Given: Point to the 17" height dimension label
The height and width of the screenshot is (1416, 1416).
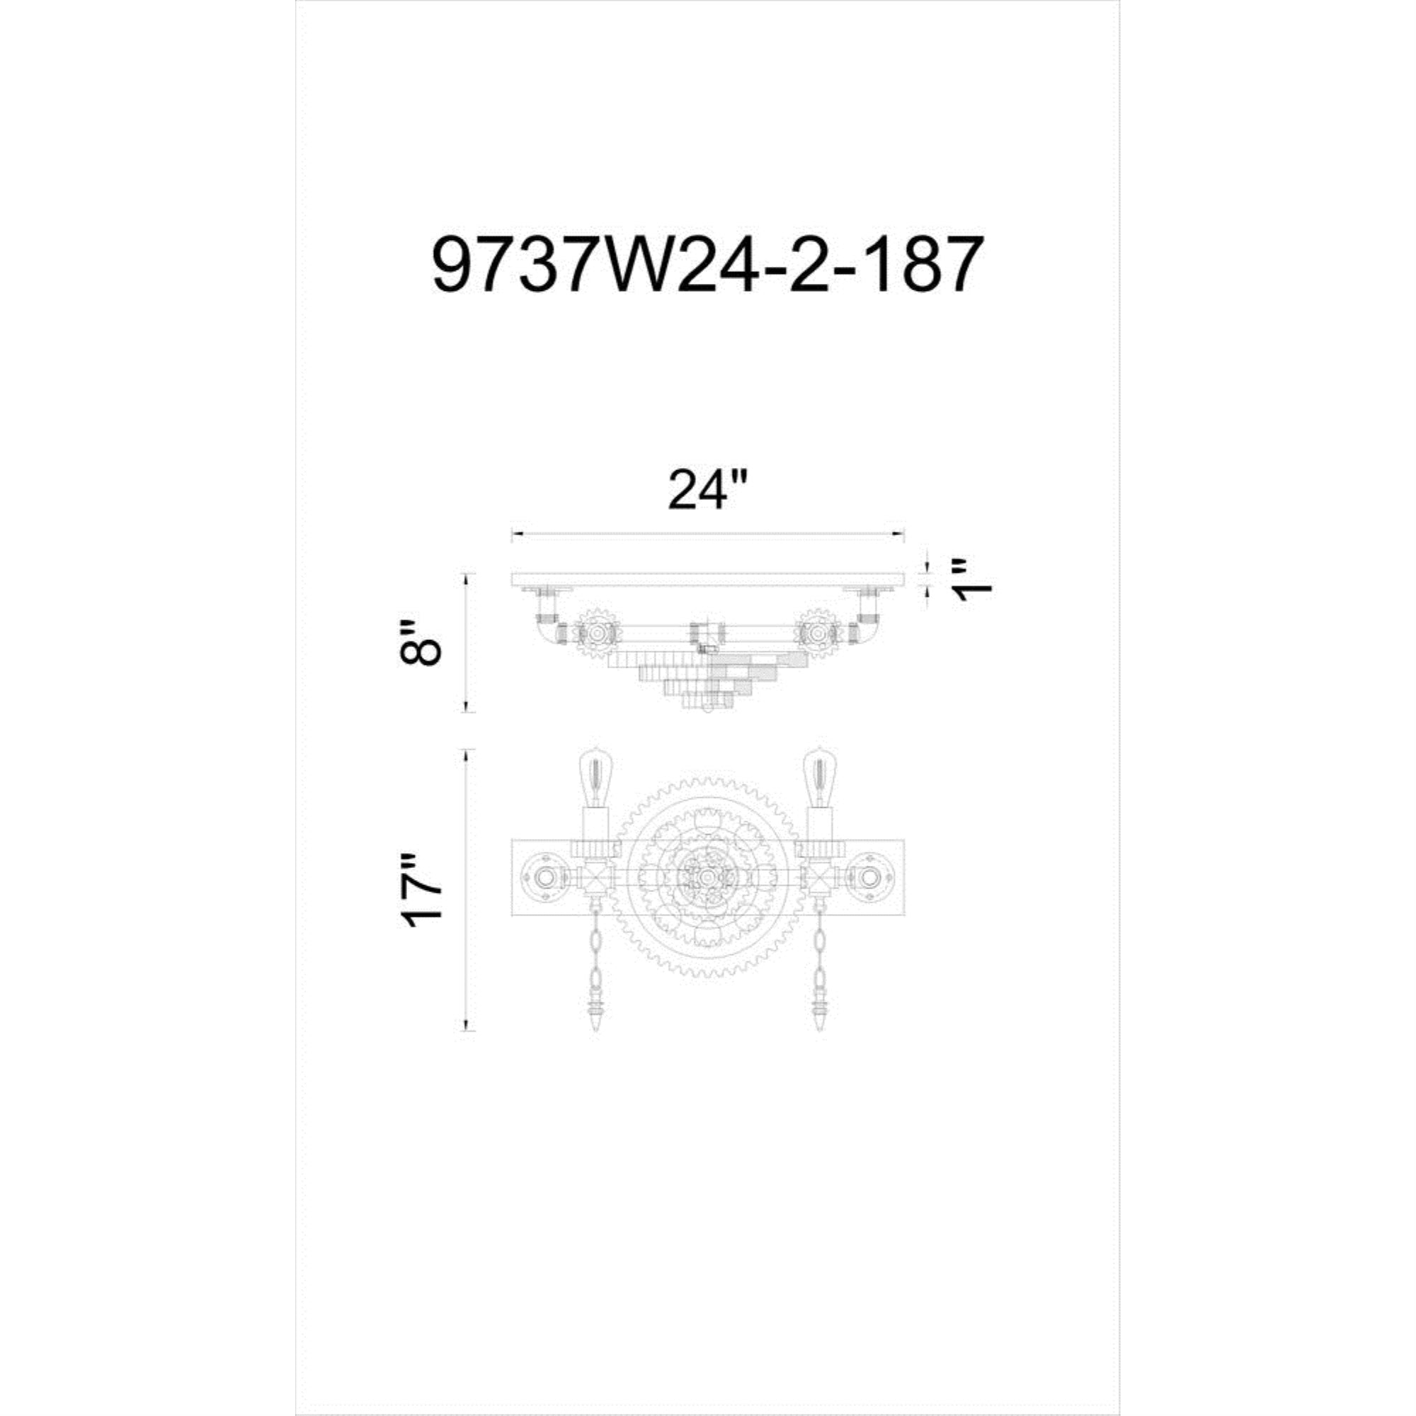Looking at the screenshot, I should click(421, 891).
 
